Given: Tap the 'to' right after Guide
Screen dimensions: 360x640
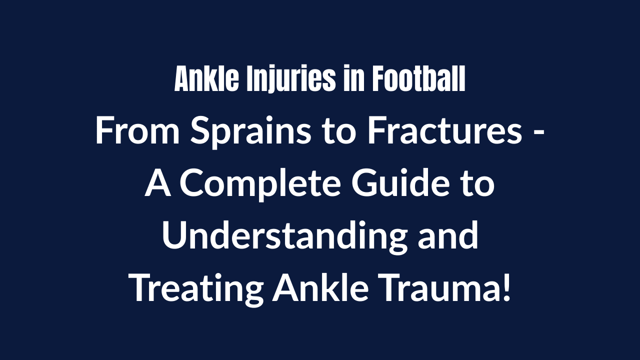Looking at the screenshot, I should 478,184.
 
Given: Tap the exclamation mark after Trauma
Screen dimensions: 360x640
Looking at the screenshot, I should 506,289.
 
